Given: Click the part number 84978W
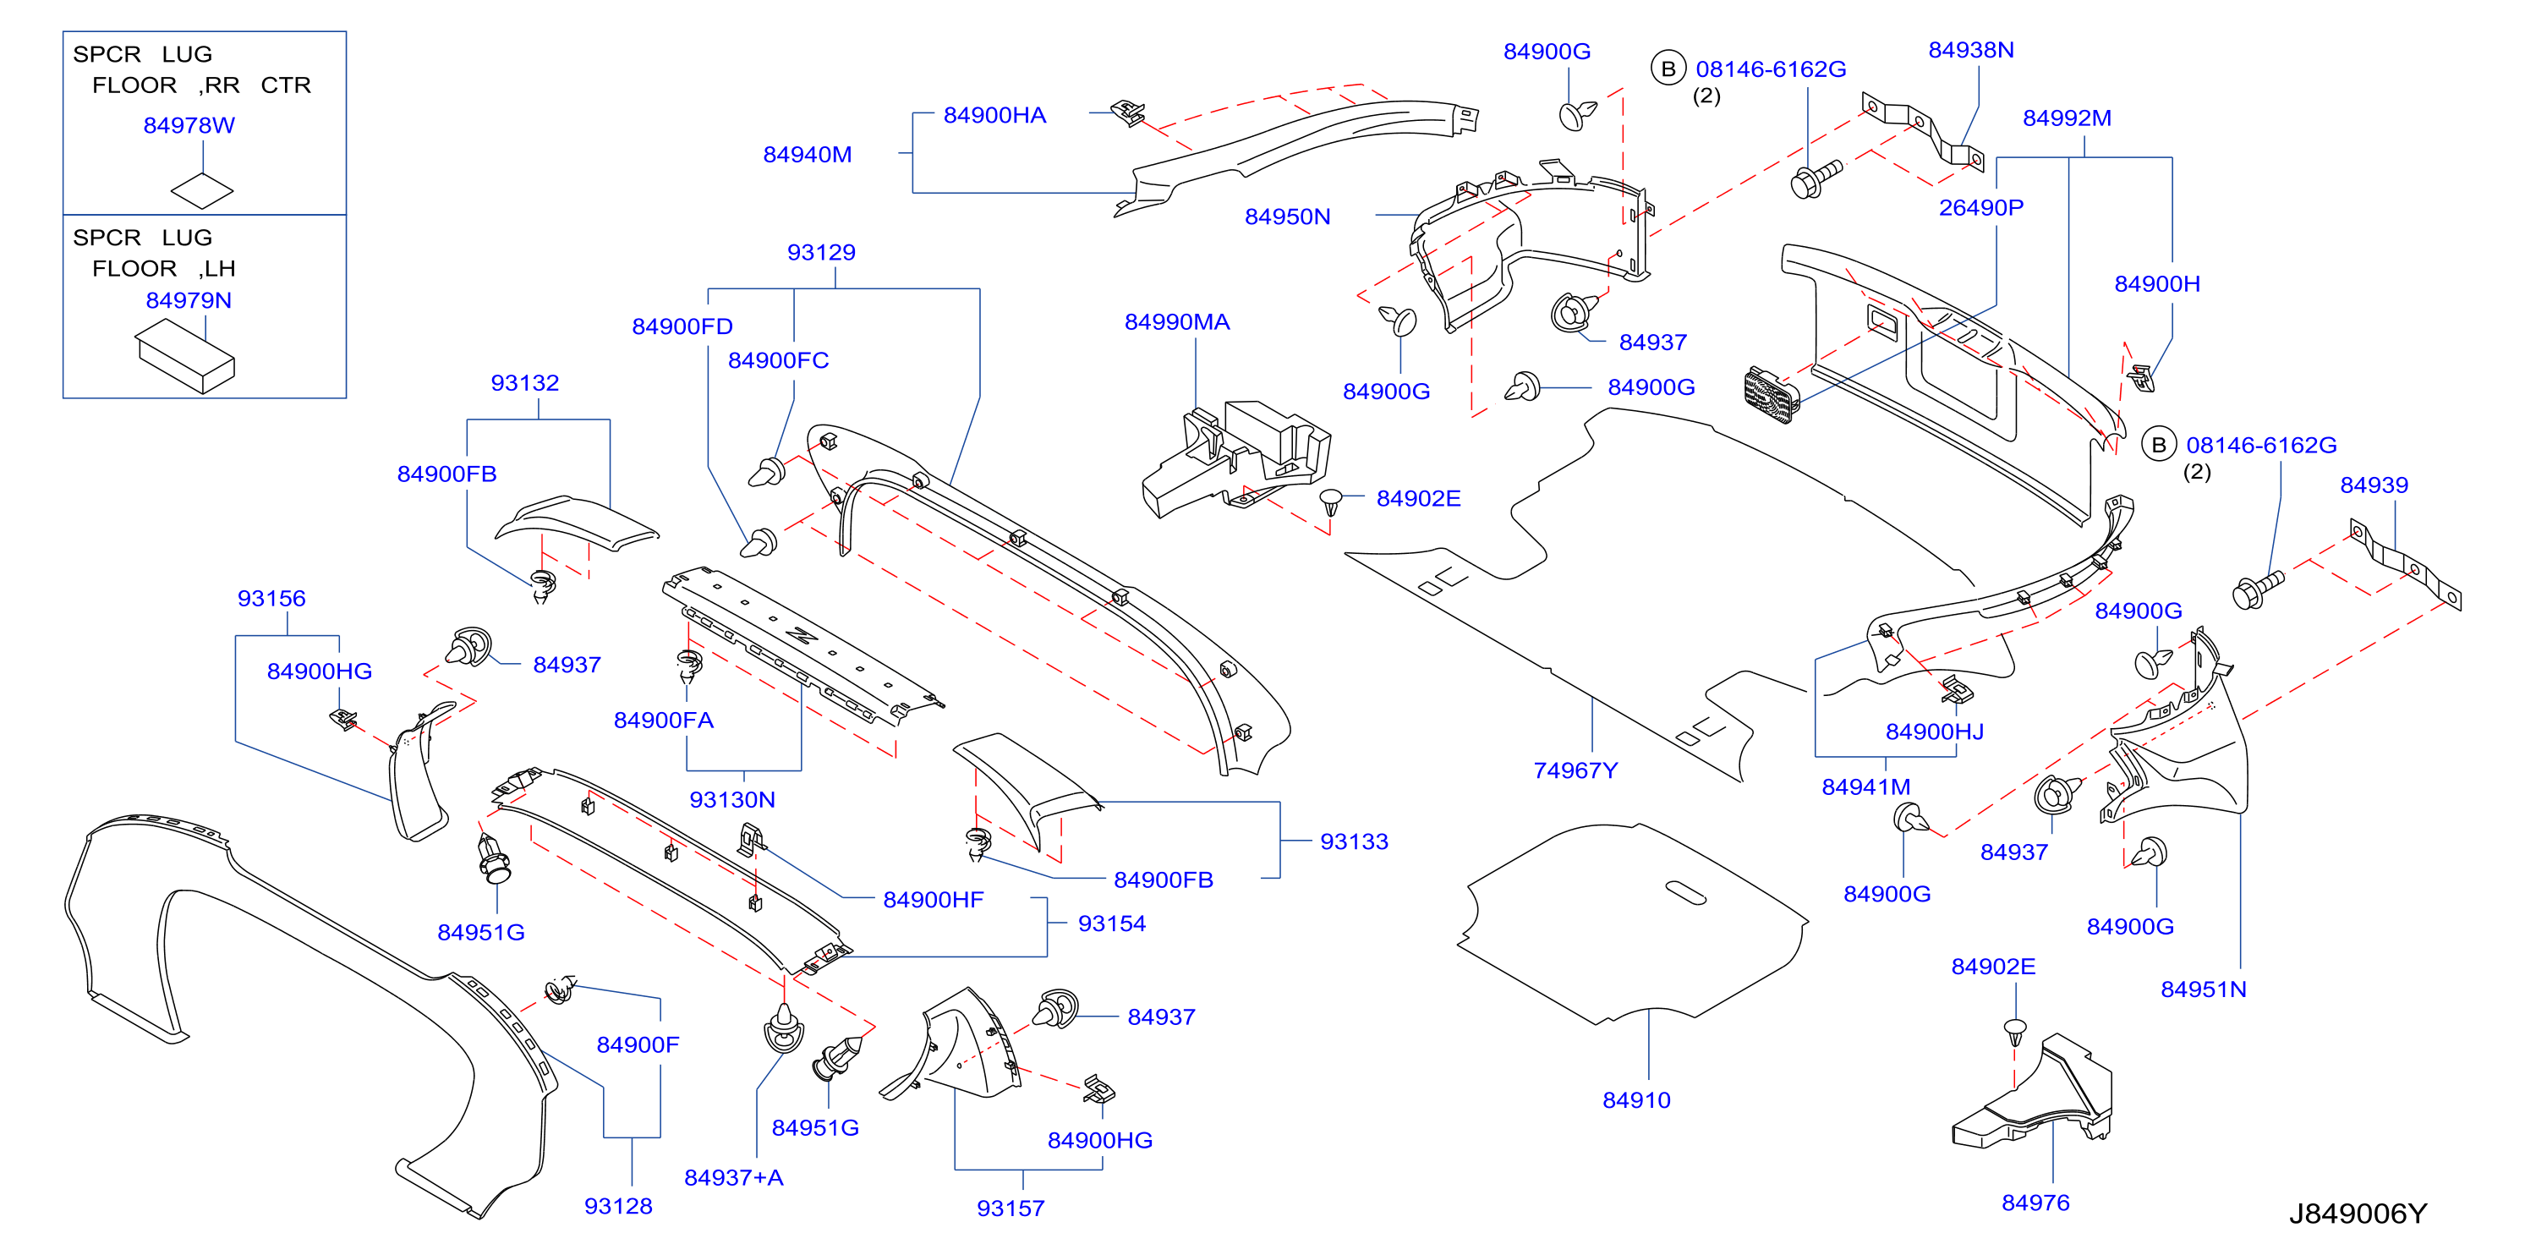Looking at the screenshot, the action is tap(189, 125).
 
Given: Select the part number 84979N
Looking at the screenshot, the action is tap(189, 300).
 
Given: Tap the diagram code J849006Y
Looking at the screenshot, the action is tap(2358, 1214).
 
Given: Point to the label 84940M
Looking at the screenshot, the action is tap(808, 155).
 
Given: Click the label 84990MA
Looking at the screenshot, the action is tap(1177, 321).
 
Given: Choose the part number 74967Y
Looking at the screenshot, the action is tap(1575, 770).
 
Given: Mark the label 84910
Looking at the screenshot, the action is tap(1636, 1100).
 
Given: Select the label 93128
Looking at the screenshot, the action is tap(618, 1206).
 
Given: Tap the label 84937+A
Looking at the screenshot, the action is tap(734, 1177).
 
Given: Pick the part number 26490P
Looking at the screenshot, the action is tap(1981, 208).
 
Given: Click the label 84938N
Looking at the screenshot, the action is tap(1971, 50).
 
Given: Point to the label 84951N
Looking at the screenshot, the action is tap(2204, 989).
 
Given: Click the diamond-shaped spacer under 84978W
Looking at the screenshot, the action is tap(202, 190).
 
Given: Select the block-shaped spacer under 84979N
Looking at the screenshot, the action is tap(185, 359).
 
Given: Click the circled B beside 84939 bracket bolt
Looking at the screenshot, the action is tap(2157, 445).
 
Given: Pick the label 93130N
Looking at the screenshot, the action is tap(732, 800).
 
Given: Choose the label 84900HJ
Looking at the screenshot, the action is tap(1934, 732).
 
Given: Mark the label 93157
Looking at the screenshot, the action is tap(1011, 1208).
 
